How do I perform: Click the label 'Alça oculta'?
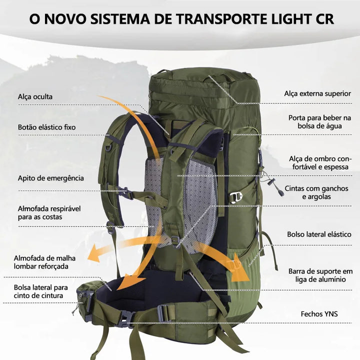35,96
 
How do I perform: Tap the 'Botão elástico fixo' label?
47,127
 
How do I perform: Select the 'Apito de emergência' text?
50,178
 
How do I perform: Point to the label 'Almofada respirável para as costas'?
49,213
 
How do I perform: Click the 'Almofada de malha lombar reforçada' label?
44,262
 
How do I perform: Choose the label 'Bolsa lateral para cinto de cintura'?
41,291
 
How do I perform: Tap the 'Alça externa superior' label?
317,93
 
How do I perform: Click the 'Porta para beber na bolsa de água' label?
320,122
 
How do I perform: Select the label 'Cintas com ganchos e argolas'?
316,192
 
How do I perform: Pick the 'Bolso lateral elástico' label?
319,234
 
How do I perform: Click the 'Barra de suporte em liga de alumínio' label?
320,275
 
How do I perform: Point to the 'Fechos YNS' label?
319,314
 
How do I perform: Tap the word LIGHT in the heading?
291,19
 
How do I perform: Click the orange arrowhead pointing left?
93,253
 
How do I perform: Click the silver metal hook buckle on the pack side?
236,197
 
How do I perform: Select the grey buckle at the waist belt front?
125,318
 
